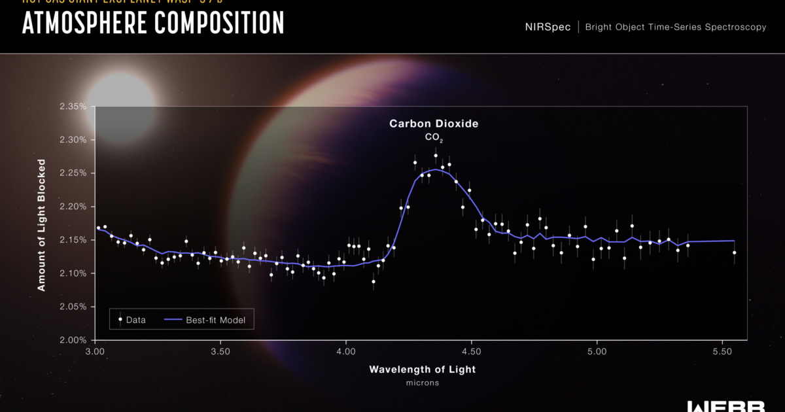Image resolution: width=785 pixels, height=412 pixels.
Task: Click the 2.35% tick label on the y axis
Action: (x=73, y=107)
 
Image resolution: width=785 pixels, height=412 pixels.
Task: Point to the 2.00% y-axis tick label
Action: (x=73, y=340)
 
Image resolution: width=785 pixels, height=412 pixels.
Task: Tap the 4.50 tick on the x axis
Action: (x=471, y=351)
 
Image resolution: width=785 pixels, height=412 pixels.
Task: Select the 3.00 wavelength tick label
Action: (x=96, y=351)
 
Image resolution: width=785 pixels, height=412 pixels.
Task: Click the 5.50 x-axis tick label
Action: (x=722, y=351)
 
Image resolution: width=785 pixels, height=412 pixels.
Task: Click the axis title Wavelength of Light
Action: (x=422, y=369)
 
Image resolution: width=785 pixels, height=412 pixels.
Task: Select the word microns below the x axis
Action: (x=422, y=383)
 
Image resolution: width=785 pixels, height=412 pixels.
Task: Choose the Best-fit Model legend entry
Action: (x=206, y=320)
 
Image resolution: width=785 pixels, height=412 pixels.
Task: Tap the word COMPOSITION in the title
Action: (x=217, y=23)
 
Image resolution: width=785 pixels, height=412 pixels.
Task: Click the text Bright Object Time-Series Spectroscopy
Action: (x=676, y=27)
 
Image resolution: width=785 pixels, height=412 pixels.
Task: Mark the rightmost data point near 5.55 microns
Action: (x=734, y=252)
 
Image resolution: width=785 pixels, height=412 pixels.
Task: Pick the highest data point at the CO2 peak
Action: (x=436, y=156)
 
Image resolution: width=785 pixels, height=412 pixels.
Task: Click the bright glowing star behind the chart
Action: (x=121, y=105)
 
